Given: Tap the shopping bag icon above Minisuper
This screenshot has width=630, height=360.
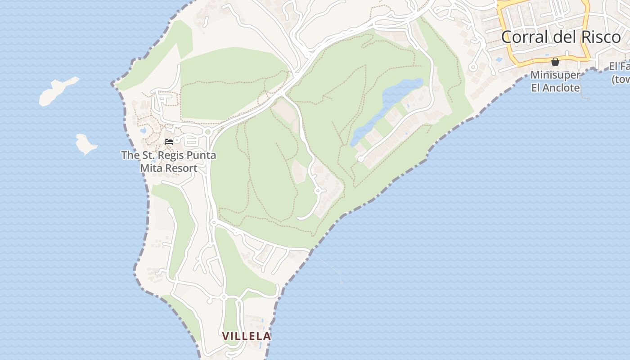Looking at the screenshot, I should click(x=555, y=62).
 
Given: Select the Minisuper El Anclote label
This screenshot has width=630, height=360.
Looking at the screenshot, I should click(x=555, y=81).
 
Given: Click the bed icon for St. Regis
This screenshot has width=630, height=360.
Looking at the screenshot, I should click(x=169, y=141).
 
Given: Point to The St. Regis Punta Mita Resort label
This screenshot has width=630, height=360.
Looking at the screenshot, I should click(x=168, y=162).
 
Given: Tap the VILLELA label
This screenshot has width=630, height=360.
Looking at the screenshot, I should click(x=247, y=336).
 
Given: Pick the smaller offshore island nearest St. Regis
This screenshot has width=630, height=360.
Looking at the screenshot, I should click(x=85, y=144).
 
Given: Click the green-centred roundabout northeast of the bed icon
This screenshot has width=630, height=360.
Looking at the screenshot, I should click(x=207, y=132).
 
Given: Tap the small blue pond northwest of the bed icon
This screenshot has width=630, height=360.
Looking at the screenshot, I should click(x=143, y=130).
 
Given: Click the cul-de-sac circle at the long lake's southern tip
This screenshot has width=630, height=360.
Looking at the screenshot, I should click(x=360, y=159).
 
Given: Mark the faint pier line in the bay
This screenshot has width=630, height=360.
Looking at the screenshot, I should click(x=328, y=265).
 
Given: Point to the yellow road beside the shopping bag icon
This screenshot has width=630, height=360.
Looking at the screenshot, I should click(x=571, y=60).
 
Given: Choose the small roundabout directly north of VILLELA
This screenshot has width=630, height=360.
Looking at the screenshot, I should click(x=223, y=297).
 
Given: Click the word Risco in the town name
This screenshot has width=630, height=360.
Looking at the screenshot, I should click(x=599, y=37).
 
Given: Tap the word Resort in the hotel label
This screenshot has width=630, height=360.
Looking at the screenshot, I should click(x=180, y=168).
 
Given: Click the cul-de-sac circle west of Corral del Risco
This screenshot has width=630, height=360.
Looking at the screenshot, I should click(x=472, y=67).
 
